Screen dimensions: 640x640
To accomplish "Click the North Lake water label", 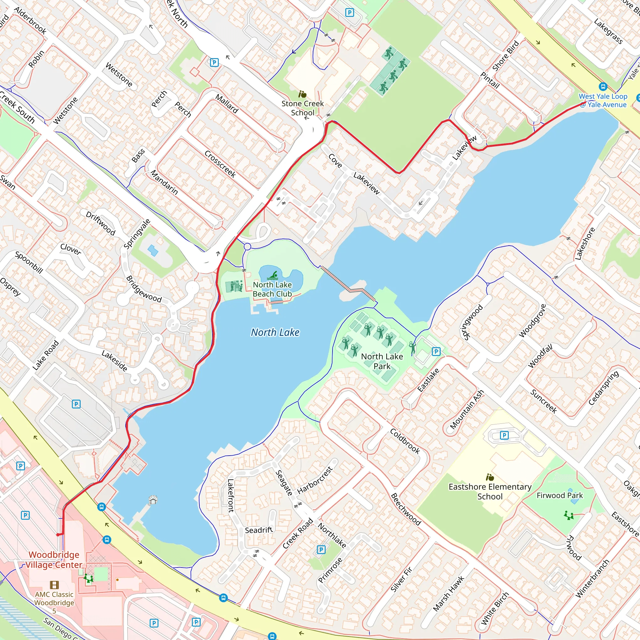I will tap(275, 332).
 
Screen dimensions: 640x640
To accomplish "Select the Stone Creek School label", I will tap(302, 108).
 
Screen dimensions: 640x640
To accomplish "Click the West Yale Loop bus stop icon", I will tap(603, 87).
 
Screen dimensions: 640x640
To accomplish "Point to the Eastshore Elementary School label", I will tap(490, 491).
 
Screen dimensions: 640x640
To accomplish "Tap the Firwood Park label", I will tap(559, 495).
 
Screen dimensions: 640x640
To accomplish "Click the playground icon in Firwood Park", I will tap(569, 515).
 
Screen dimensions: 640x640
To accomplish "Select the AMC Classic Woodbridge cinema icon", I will tap(54, 585).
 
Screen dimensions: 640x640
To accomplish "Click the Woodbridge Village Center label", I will tap(54, 559).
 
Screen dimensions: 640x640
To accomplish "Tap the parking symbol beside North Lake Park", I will tap(436, 352).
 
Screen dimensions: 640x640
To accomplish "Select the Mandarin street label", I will tap(164, 182).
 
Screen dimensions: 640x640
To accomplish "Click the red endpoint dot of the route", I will tap(58, 535).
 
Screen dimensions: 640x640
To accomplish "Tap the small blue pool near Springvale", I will tap(153, 250).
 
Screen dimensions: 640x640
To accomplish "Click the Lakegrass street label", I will tap(608, 32).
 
